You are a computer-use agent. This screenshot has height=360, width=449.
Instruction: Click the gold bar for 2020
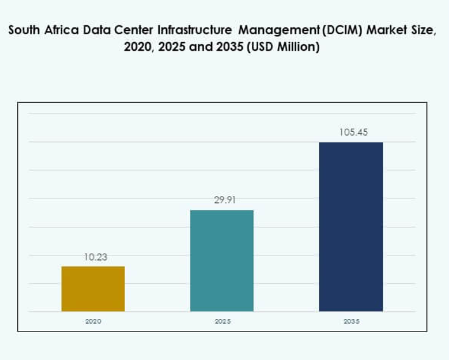(93, 288)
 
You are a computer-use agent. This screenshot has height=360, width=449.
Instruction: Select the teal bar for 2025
(222, 260)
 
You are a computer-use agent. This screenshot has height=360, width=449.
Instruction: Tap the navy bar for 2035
(351, 226)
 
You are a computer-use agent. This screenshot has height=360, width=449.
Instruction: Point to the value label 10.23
(93, 257)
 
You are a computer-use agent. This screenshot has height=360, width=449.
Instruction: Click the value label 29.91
(222, 200)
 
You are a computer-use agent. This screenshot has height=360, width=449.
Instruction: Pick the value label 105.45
(351, 132)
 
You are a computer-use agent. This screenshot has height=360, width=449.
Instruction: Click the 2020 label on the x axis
(93, 321)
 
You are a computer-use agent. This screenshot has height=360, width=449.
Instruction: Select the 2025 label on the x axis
(222, 321)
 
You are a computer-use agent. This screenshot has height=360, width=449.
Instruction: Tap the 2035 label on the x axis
(351, 321)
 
